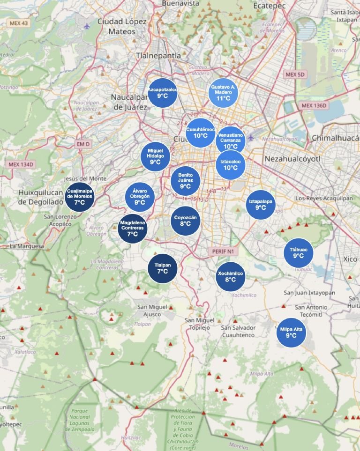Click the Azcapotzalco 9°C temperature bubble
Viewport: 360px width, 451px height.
coord(162,92)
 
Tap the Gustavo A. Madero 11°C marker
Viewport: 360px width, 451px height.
coord(223,93)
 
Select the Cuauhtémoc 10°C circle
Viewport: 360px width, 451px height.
coord(201,133)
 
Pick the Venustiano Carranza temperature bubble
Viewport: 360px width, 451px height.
coord(231,140)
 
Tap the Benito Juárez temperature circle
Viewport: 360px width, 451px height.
coord(186,181)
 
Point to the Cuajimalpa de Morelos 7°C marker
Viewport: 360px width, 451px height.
coord(79,197)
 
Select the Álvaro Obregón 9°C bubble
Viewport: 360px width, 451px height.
coord(140,197)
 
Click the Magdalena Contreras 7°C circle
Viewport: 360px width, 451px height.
coord(133,228)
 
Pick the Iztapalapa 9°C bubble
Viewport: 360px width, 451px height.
coord(261,205)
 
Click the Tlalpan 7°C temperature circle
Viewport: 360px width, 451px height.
coord(163,268)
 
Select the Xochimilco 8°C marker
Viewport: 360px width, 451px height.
coord(230,276)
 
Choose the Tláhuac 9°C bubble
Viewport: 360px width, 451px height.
coord(299,253)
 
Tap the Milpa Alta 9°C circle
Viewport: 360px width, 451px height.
coord(291,333)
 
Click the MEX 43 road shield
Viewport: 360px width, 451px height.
coord(18,23)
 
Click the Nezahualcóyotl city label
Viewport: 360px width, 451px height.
coord(292,159)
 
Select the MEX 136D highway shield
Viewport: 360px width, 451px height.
coord(314,105)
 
